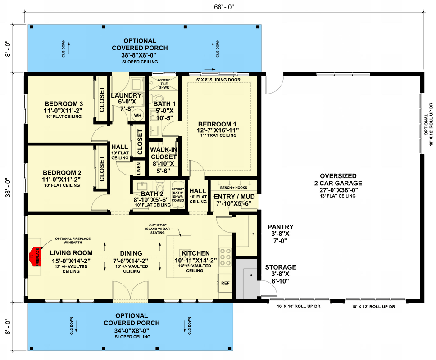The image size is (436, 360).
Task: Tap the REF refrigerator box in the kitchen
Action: (225, 283)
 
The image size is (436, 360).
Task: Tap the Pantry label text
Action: (280, 227)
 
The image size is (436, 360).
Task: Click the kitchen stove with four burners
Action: (225, 257)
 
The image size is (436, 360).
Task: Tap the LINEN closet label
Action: (138, 169)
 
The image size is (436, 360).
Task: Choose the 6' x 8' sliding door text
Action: (218, 80)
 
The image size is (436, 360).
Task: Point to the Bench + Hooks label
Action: (233, 187)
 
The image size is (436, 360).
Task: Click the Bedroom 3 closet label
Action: (102, 98)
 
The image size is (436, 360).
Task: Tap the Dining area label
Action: (131, 253)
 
